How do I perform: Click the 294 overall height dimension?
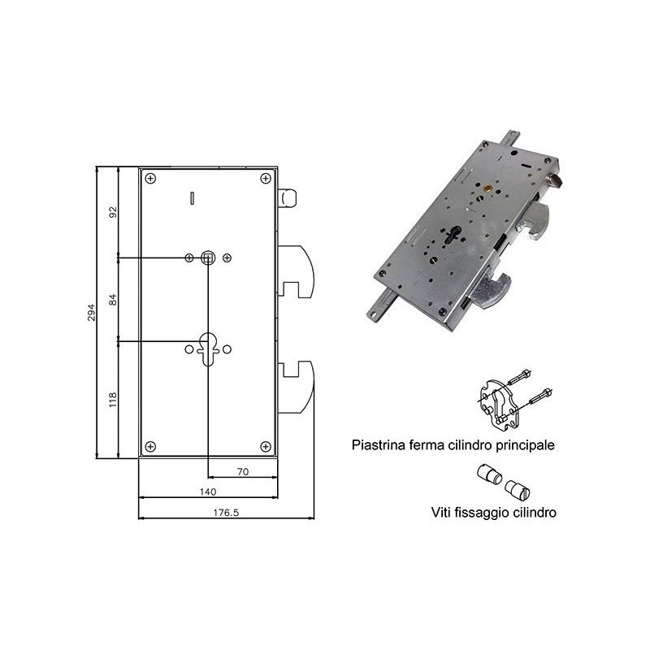(x=91, y=312)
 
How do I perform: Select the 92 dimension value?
(x=113, y=212)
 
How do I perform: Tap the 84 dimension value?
(x=113, y=299)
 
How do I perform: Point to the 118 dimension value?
(x=113, y=400)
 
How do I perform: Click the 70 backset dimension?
(x=243, y=471)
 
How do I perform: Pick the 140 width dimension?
(x=208, y=492)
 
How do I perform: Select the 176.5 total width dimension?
(x=226, y=513)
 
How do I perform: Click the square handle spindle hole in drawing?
(x=208, y=258)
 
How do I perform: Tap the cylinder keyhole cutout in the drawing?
(x=208, y=349)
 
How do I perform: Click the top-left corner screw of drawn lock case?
(x=150, y=179)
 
